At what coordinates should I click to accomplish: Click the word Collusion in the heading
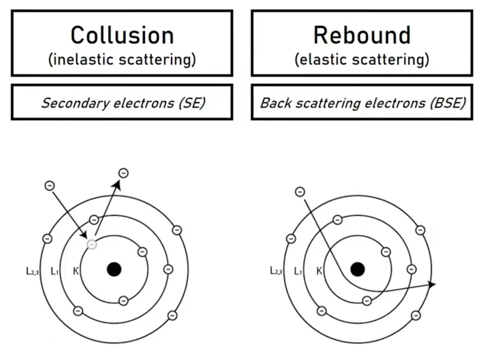(122, 35)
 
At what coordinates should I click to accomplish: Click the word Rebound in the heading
(362, 35)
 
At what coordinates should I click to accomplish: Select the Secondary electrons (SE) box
(122, 102)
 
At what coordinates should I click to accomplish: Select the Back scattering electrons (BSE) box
(362, 102)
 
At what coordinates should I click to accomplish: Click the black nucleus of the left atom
(114, 269)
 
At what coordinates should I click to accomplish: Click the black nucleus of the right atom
(357, 269)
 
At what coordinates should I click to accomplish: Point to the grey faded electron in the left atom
(92, 244)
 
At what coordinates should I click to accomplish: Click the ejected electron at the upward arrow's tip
(123, 173)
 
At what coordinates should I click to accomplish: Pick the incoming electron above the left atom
(50, 185)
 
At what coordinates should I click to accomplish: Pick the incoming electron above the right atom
(300, 192)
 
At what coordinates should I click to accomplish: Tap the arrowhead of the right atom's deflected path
(432, 284)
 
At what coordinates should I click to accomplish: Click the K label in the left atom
(75, 271)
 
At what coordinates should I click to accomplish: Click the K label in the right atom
(319, 271)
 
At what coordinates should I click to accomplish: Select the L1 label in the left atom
(55, 271)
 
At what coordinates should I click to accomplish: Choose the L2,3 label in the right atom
(276, 271)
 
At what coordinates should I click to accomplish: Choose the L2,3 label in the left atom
(32, 271)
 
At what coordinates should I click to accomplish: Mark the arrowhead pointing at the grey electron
(84, 235)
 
